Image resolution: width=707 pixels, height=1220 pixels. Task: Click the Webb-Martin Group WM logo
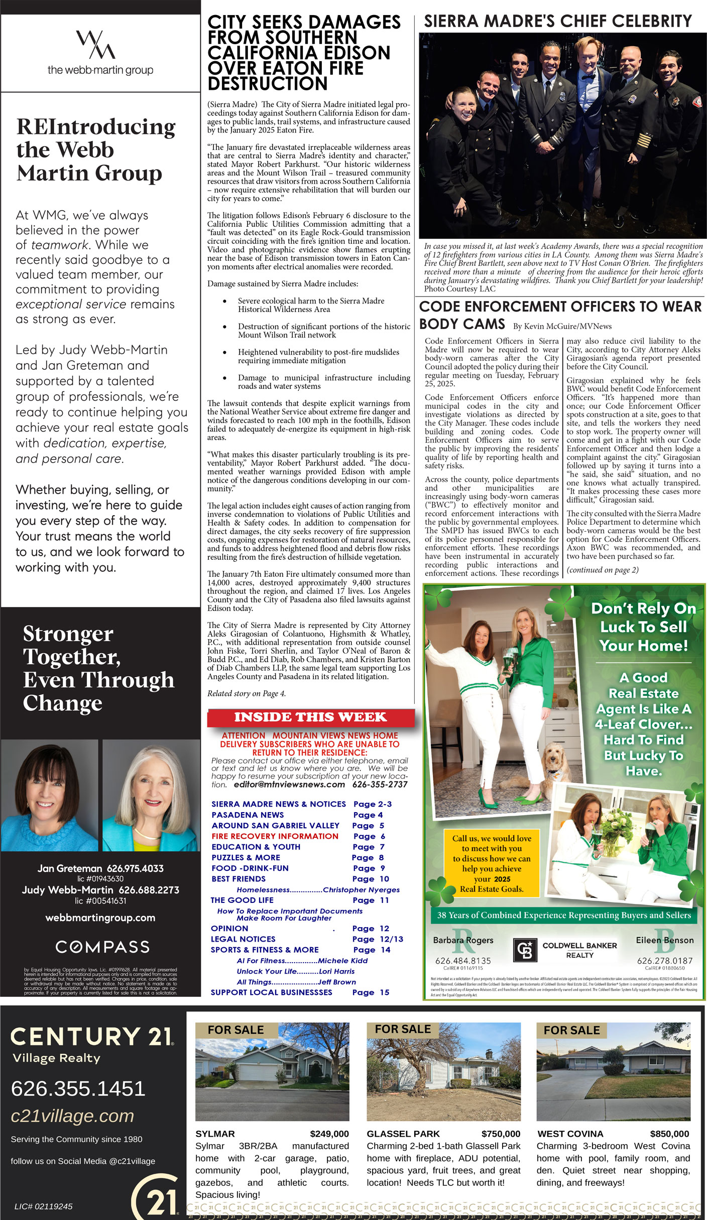[x=95, y=44]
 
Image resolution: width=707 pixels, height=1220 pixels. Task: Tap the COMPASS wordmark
[x=102, y=947]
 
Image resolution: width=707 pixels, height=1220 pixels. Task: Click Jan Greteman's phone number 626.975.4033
[x=135, y=868]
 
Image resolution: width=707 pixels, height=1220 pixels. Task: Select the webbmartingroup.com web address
[x=100, y=918]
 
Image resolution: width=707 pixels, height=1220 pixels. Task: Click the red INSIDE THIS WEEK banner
[x=310, y=717]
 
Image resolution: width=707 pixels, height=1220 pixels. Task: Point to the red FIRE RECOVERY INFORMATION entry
[x=275, y=836]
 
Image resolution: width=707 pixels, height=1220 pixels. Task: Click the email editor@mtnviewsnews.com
[x=289, y=785]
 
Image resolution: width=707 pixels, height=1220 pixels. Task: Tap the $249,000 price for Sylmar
[x=329, y=1134]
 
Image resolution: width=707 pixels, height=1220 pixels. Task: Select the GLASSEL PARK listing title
[x=403, y=1134]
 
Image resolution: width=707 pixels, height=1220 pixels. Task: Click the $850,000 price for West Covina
[x=669, y=1134]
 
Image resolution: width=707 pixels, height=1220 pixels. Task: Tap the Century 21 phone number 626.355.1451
[x=78, y=1089]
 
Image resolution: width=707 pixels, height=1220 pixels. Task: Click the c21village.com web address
[x=72, y=1116]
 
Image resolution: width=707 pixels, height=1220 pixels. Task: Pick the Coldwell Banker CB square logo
[x=525, y=950]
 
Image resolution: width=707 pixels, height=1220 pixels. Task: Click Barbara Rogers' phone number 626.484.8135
[x=463, y=961]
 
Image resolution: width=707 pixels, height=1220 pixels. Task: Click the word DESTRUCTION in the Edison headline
[x=268, y=83]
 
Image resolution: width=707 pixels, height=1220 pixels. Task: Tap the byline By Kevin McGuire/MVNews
[x=562, y=326]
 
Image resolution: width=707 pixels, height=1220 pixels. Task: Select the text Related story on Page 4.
[x=247, y=693]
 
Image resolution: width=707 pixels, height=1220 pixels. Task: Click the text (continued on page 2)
[x=603, y=570]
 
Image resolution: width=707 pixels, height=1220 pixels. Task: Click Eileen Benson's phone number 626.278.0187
[x=665, y=961]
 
